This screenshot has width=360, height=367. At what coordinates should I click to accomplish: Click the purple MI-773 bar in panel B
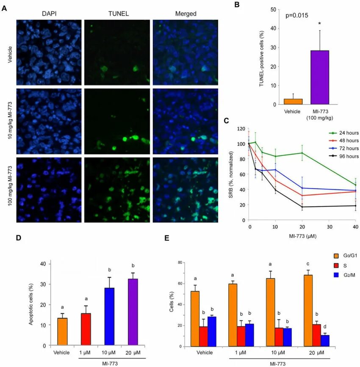(320, 77)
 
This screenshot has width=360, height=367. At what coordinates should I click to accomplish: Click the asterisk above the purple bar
(320, 24)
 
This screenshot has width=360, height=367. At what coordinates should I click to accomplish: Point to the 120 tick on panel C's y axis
(241, 128)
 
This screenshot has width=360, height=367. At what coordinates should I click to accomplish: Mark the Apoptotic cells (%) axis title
(31, 304)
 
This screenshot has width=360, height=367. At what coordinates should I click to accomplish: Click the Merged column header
(186, 14)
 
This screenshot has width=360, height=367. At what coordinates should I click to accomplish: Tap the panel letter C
(226, 121)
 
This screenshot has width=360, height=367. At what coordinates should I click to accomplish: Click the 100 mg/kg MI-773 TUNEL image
(117, 189)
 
